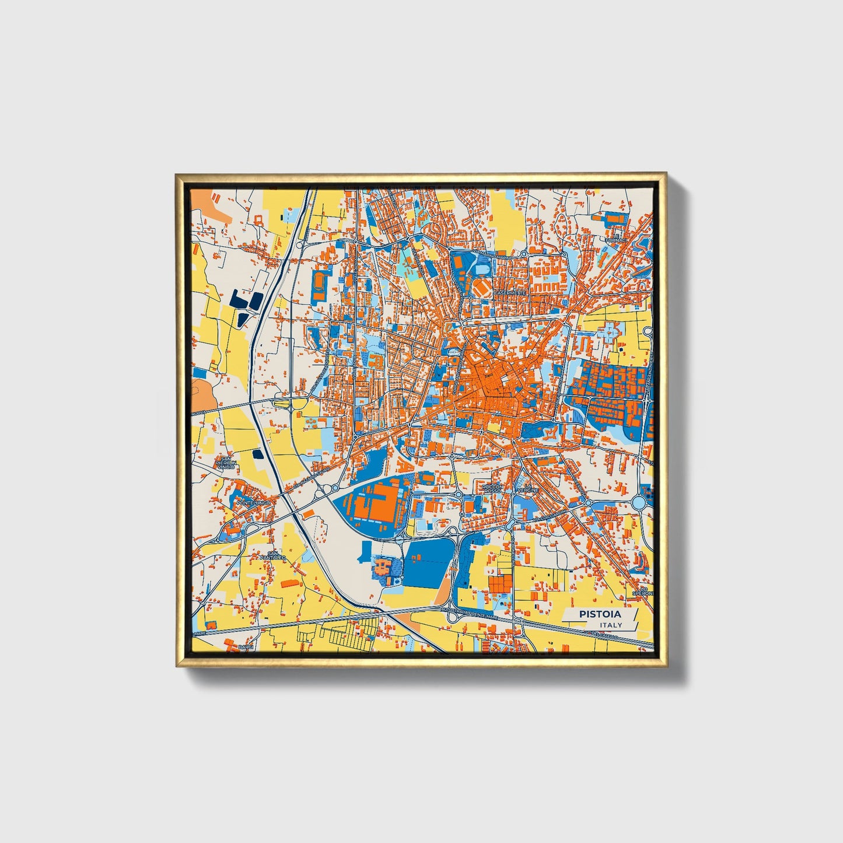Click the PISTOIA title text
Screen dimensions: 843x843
600,614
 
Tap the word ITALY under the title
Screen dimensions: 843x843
610,625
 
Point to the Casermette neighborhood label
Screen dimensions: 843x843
510,292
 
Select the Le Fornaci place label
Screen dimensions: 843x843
615,238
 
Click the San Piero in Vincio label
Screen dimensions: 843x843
225,464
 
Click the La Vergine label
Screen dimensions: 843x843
529,488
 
